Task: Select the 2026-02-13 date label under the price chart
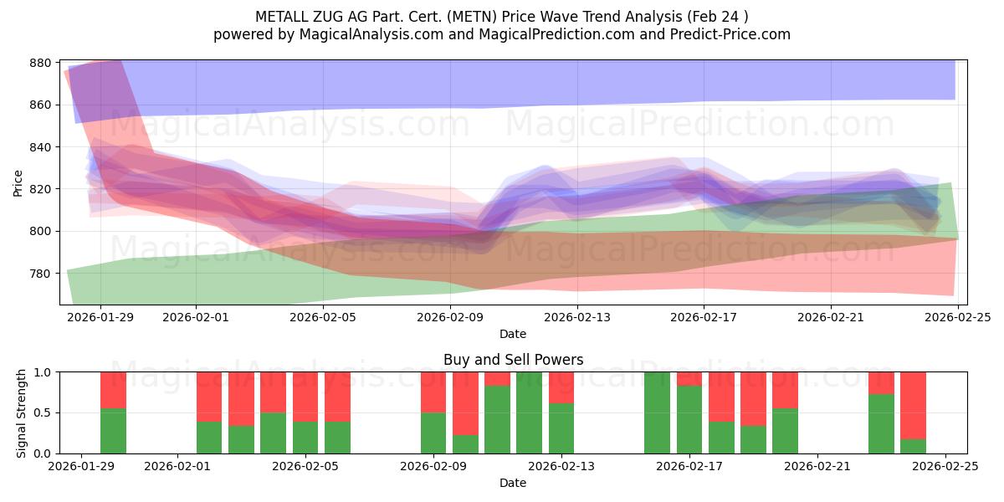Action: point(576,317)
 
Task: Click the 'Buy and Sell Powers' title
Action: point(513,361)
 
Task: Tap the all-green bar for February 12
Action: point(529,412)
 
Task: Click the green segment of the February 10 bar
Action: point(465,444)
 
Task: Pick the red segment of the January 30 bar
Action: point(113,390)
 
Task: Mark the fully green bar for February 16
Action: point(657,412)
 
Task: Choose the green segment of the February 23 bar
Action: point(881,424)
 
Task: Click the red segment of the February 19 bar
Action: point(753,398)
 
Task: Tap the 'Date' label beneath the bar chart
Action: point(513,484)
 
